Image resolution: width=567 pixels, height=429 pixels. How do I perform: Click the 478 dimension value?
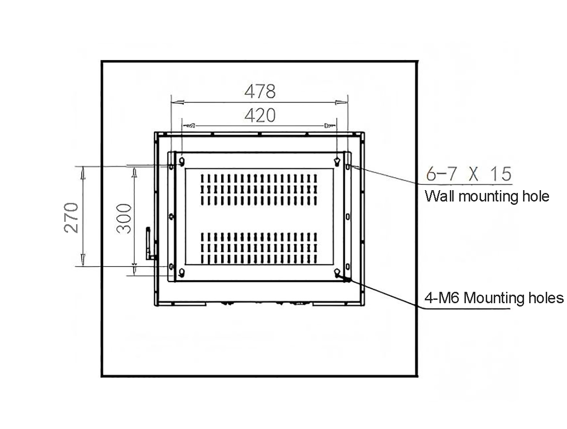tap(259, 91)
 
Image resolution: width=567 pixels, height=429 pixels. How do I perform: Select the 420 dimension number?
tap(259, 115)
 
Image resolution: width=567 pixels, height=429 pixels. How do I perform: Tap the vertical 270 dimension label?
tap(71, 218)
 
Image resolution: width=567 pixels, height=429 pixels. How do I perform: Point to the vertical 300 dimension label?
tap(123, 218)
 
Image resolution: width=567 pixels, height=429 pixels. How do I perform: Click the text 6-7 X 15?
tap(468, 175)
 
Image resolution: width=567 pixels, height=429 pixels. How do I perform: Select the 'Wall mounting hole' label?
tap(487, 196)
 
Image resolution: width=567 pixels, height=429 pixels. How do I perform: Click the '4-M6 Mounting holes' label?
tap(494, 298)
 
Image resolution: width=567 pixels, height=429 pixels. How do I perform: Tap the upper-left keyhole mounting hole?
tap(181, 161)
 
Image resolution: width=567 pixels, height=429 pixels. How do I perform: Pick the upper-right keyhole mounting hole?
tap(337, 161)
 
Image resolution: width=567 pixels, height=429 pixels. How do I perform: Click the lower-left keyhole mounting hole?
tap(181, 272)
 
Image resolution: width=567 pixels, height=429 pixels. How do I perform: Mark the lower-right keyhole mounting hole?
tap(337, 272)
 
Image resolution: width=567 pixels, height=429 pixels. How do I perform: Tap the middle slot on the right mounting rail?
tap(348, 216)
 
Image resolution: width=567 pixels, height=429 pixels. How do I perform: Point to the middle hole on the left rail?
tap(171, 216)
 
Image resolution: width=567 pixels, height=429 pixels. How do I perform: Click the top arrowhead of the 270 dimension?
tap(83, 174)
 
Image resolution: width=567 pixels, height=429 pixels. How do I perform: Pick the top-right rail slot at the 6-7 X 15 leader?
tap(348, 166)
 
